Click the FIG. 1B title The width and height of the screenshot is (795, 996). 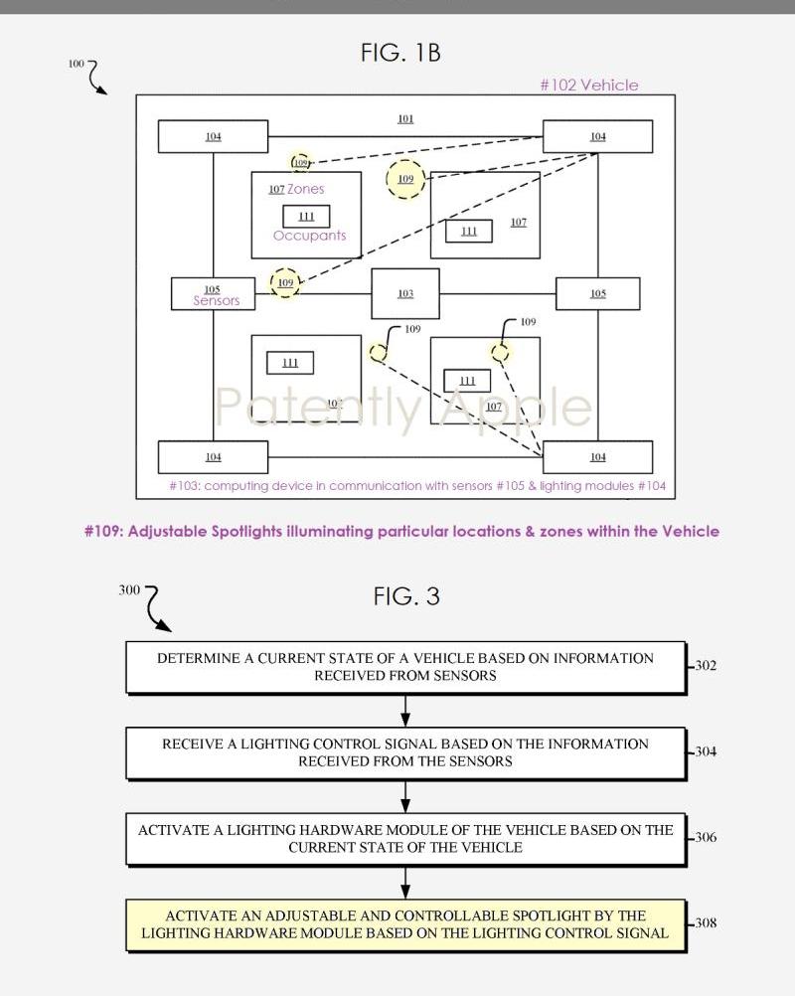point(400,54)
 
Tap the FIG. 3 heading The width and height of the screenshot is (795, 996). point(406,596)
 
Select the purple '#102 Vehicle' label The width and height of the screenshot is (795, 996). point(589,85)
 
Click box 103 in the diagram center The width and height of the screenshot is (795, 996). point(405,293)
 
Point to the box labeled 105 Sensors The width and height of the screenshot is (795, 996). point(213,294)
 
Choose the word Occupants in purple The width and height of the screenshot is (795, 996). point(310,236)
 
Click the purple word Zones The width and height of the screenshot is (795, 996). point(306,189)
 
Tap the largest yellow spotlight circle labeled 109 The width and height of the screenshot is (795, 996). point(405,179)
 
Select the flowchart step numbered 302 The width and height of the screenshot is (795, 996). point(405,667)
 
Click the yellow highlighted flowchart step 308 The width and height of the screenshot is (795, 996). point(405,924)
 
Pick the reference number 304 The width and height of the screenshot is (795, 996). point(705,751)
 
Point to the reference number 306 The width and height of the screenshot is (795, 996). point(705,837)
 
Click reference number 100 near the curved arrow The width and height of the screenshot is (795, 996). point(77,64)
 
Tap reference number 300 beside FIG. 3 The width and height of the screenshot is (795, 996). point(129,589)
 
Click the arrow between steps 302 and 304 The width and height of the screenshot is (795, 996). point(405,711)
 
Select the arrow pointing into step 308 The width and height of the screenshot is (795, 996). point(405,883)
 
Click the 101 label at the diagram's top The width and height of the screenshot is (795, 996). point(405,119)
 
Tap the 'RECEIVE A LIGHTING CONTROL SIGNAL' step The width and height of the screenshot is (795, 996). point(405,752)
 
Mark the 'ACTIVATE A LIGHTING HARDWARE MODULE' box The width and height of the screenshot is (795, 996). point(405,838)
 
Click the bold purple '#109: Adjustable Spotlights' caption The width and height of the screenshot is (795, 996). point(401,531)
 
